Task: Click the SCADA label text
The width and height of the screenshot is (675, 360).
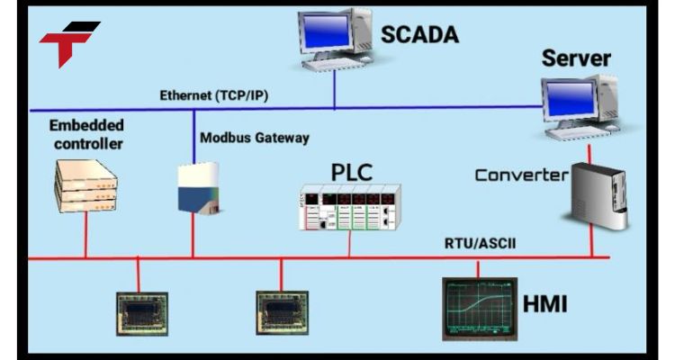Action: pyautogui.click(x=419, y=35)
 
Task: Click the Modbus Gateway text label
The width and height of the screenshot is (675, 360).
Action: pyautogui.click(x=255, y=138)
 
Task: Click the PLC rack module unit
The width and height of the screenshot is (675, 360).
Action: pyautogui.click(x=349, y=208)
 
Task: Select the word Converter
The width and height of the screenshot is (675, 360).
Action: pyautogui.click(x=522, y=174)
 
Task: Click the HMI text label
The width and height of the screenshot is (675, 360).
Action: pyautogui.click(x=544, y=304)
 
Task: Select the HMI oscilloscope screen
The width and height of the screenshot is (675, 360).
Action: pyautogui.click(x=478, y=306)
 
